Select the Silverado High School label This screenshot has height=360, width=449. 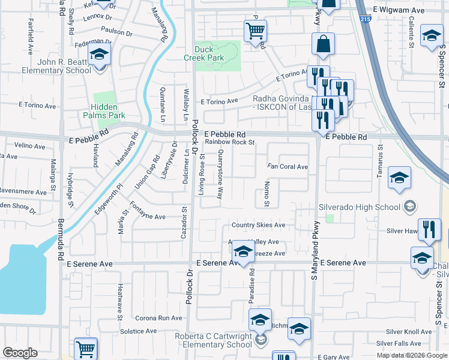(359, 207)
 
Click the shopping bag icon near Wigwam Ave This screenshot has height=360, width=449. (323, 43)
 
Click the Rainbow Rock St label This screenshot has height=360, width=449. (231, 143)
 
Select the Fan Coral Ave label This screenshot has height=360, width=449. (288, 167)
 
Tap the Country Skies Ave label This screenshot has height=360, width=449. (259, 225)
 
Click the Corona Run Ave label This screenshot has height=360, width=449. (158, 318)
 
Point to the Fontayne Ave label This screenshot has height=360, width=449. (148, 216)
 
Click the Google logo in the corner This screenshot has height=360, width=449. (20, 353)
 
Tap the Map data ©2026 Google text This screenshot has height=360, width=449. (411, 355)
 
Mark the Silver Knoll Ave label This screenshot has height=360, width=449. (409, 332)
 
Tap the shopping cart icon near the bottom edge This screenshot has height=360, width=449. (86, 349)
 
